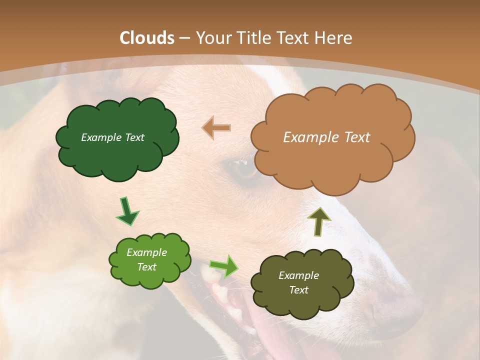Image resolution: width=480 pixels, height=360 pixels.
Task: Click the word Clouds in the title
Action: [x=147, y=38]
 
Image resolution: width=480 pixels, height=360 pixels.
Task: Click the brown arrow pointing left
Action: [x=216, y=128]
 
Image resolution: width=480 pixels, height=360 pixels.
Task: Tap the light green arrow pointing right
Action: [x=223, y=266]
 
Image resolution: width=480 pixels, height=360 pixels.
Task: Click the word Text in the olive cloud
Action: [x=299, y=290]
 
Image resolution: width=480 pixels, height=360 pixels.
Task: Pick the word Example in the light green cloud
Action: [x=146, y=252]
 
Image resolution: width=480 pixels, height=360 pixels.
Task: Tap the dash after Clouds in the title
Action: [x=183, y=38]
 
